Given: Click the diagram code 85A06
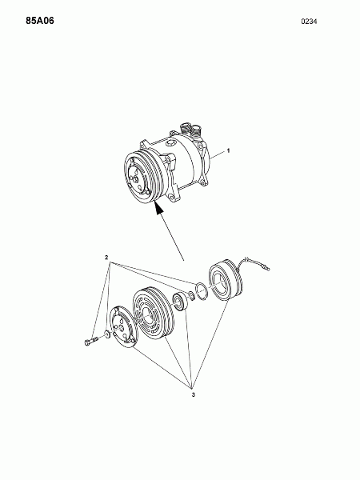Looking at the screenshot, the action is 40,21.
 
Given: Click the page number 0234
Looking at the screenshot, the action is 309,22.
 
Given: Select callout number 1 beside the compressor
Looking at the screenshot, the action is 228,150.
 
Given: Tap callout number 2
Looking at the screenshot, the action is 106,258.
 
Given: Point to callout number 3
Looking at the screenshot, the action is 193,395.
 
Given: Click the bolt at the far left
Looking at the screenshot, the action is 90,341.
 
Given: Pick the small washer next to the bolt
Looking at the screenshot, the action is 107,334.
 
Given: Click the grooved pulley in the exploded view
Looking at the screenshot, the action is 153,313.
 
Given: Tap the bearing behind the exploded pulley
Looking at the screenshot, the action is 178,302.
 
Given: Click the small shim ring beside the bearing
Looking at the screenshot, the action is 191,296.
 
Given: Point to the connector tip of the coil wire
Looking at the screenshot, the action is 268,269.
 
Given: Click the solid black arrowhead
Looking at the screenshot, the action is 159,209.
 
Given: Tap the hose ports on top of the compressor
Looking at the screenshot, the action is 190,130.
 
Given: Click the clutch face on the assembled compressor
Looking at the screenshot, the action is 137,178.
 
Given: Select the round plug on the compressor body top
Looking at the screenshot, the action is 170,143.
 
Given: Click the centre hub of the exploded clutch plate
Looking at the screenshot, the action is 122,328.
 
